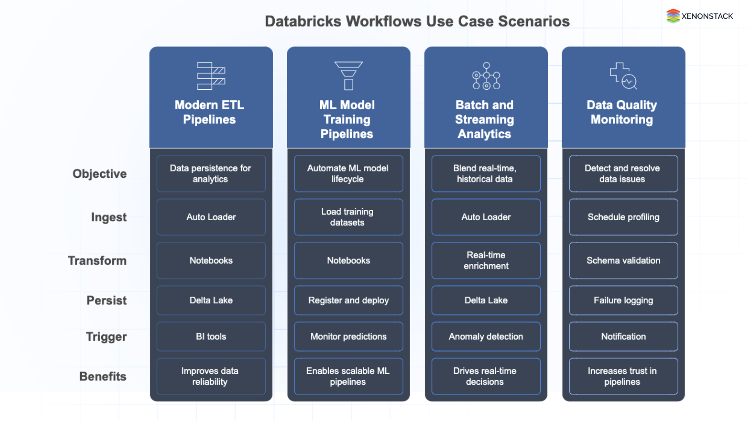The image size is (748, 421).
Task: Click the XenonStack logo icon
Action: tap(673, 16)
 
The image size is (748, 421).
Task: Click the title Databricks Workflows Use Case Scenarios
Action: tap(417, 21)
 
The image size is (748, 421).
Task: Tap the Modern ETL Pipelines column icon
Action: tap(211, 76)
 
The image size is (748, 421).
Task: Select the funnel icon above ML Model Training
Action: tap(348, 76)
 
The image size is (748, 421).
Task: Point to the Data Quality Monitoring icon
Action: tap(623, 76)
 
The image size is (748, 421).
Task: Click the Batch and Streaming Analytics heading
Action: tap(484, 119)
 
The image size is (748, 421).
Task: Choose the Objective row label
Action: tap(99, 173)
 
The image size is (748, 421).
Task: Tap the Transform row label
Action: tap(97, 260)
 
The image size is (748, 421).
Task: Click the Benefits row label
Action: tap(103, 376)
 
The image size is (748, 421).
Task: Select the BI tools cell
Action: tap(211, 336)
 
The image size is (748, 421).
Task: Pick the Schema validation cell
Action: tap(623, 260)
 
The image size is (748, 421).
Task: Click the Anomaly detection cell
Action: tap(486, 336)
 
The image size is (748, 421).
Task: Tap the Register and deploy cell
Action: tap(348, 300)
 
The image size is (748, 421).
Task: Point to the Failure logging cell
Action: tap(623, 300)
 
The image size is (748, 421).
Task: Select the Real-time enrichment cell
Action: tap(486, 260)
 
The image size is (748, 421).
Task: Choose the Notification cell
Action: tap(623, 336)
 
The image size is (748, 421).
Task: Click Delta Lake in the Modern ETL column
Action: tap(211, 300)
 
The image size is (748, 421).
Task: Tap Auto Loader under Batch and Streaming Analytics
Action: tap(486, 217)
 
